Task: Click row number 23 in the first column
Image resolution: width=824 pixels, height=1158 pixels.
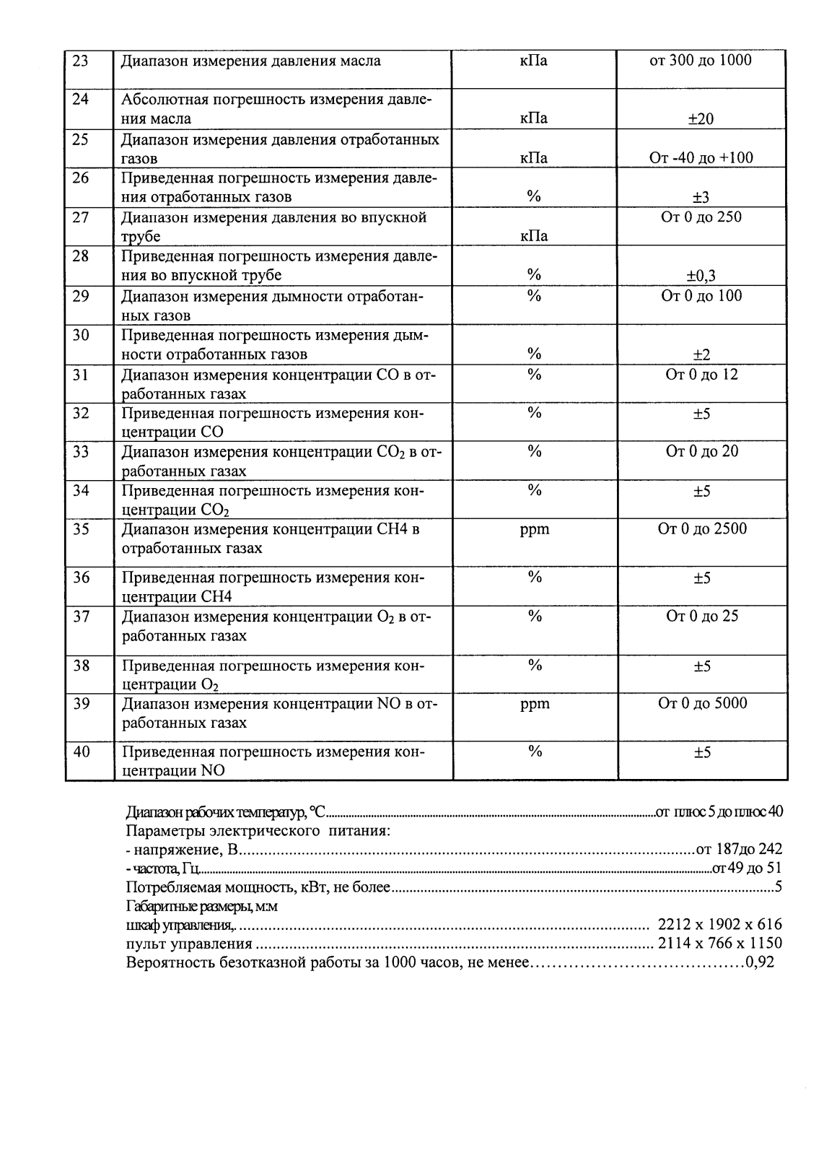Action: coord(81,61)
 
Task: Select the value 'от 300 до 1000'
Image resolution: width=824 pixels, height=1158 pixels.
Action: coord(701,61)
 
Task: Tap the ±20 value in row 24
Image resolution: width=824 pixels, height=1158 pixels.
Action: coord(701,119)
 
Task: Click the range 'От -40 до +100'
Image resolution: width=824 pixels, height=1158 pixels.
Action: coord(701,158)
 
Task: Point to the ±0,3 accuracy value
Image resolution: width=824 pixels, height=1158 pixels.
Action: coord(701,275)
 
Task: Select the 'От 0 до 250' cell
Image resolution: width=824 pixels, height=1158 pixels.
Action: coord(701,217)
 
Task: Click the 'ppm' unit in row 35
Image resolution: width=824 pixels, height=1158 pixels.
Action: coord(535,529)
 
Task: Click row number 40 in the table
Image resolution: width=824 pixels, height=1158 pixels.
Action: coord(82,752)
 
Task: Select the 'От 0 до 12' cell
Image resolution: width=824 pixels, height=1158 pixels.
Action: coord(701,375)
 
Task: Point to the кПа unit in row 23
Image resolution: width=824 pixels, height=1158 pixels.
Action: coord(534,61)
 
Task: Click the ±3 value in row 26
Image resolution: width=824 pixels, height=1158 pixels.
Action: coord(701,197)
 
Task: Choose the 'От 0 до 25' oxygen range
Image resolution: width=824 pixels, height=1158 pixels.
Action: coord(701,617)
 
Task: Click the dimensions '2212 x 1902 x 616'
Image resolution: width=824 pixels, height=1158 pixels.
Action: coord(719,925)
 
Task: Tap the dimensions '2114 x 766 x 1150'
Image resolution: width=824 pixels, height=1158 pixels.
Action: coord(719,944)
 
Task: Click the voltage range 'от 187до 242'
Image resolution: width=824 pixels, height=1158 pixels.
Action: coord(739,850)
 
